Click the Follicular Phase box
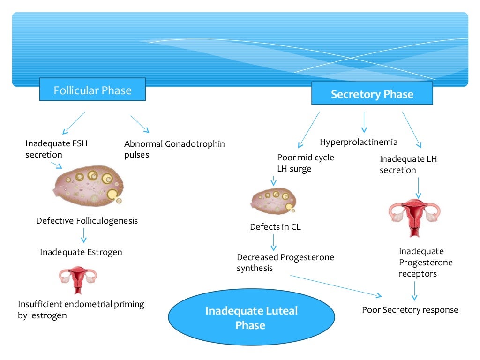(x=92, y=90)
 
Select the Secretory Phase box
(x=372, y=94)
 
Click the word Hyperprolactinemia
(x=359, y=142)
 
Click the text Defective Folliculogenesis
(x=87, y=220)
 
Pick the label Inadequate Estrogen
(x=81, y=252)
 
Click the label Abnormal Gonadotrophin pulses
(x=174, y=149)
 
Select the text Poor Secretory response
(x=410, y=309)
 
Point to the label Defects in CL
(x=275, y=227)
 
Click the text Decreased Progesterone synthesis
(x=285, y=262)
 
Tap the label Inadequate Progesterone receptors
(x=426, y=262)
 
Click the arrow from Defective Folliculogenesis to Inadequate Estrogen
(x=84, y=235)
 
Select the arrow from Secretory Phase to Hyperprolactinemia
(x=363, y=122)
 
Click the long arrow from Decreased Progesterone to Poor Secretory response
(x=336, y=285)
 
